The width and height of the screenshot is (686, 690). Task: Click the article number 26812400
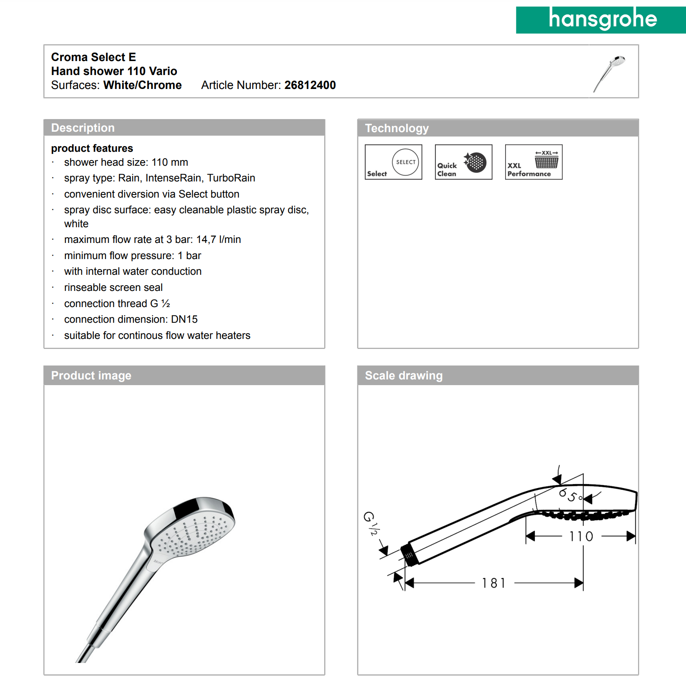coord(310,85)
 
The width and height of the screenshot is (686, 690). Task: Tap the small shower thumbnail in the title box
coord(610,72)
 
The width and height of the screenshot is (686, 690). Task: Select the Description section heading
coord(83,128)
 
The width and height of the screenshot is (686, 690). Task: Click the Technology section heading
coord(397,128)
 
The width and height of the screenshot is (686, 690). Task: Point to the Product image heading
coord(91,376)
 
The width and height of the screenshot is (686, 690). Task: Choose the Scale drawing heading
coord(404,376)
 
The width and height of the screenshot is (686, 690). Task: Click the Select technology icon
coord(394,162)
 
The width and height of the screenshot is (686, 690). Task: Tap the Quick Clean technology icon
coord(463,162)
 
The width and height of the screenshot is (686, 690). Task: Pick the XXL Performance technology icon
coord(533,162)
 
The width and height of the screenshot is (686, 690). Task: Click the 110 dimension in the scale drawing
coord(581,536)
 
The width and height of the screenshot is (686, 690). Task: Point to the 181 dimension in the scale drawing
coord(493,583)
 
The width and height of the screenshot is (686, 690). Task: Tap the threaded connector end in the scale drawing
coord(409,554)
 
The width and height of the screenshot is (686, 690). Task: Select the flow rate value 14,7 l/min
coord(218,239)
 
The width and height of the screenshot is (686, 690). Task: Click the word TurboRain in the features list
coord(231,178)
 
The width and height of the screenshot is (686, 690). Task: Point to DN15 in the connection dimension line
coord(184,319)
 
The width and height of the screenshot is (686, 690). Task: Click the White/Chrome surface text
coord(143,85)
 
